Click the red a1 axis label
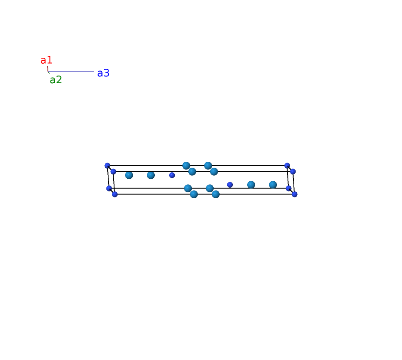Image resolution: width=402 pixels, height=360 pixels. click(46, 60)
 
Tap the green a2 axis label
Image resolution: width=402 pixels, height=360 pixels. click(56, 80)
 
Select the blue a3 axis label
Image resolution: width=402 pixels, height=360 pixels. click(103, 73)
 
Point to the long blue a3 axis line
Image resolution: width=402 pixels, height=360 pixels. click(71, 72)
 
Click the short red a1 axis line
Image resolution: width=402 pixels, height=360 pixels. click(47, 69)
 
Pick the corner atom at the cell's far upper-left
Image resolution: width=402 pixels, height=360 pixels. click(107, 166)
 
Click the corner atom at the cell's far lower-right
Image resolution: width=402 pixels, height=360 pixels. click(295, 194)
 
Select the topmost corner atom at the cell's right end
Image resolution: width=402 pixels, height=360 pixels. click(287, 166)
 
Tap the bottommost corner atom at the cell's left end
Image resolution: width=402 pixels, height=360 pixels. click(115, 194)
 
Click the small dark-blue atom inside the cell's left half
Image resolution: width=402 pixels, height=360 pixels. click(172, 175)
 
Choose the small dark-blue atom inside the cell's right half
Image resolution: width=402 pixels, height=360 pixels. click(230, 185)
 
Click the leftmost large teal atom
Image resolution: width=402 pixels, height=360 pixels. click(129, 175)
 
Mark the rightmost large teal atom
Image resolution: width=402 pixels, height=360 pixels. click(273, 185)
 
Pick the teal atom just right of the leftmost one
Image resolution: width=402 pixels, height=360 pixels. click(151, 175)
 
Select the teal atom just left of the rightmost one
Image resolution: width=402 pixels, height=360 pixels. click(251, 185)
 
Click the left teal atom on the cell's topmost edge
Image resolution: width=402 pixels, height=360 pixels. click(186, 166)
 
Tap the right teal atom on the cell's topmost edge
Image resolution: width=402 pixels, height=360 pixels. click(208, 166)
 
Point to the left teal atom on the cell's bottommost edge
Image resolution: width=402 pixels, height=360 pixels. click(194, 194)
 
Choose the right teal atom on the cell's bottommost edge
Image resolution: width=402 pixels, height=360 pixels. click(215, 194)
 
